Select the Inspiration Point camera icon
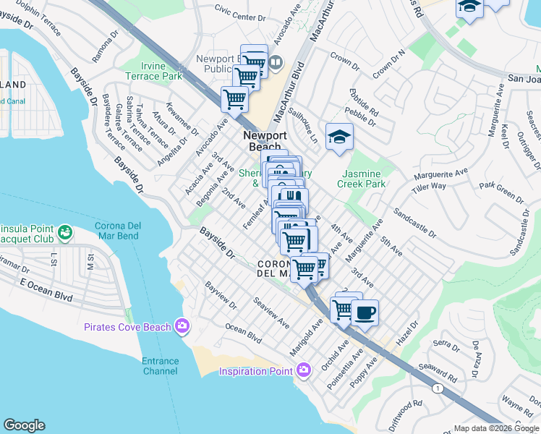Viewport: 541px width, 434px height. [303, 371]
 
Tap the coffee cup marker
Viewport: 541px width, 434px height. [365, 313]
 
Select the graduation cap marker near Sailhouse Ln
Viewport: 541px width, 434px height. [338, 136]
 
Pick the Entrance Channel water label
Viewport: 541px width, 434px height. [160, 366]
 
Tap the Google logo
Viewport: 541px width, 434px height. [24, 425]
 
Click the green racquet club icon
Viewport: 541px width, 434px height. [65, 232]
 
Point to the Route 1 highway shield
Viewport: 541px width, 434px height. [437, 388]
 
